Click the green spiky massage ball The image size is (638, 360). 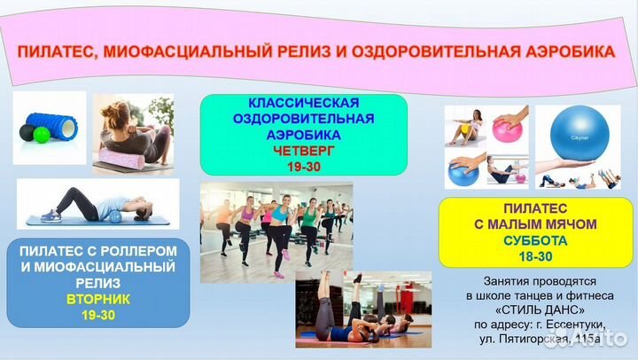pyautogui.click(x=41, y=135)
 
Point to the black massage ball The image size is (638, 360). pyautogui.click(x=26, y=135)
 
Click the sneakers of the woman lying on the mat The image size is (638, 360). pyautogui.click(x=50, y=215)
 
